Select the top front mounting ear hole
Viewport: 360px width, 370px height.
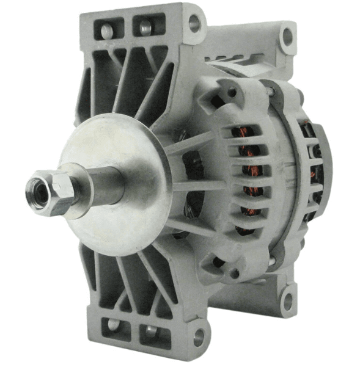194,23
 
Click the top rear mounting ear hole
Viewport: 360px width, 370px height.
287,35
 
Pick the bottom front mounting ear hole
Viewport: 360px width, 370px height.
197,336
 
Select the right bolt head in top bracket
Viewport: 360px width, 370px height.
144,27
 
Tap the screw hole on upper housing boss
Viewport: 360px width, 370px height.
232,93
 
